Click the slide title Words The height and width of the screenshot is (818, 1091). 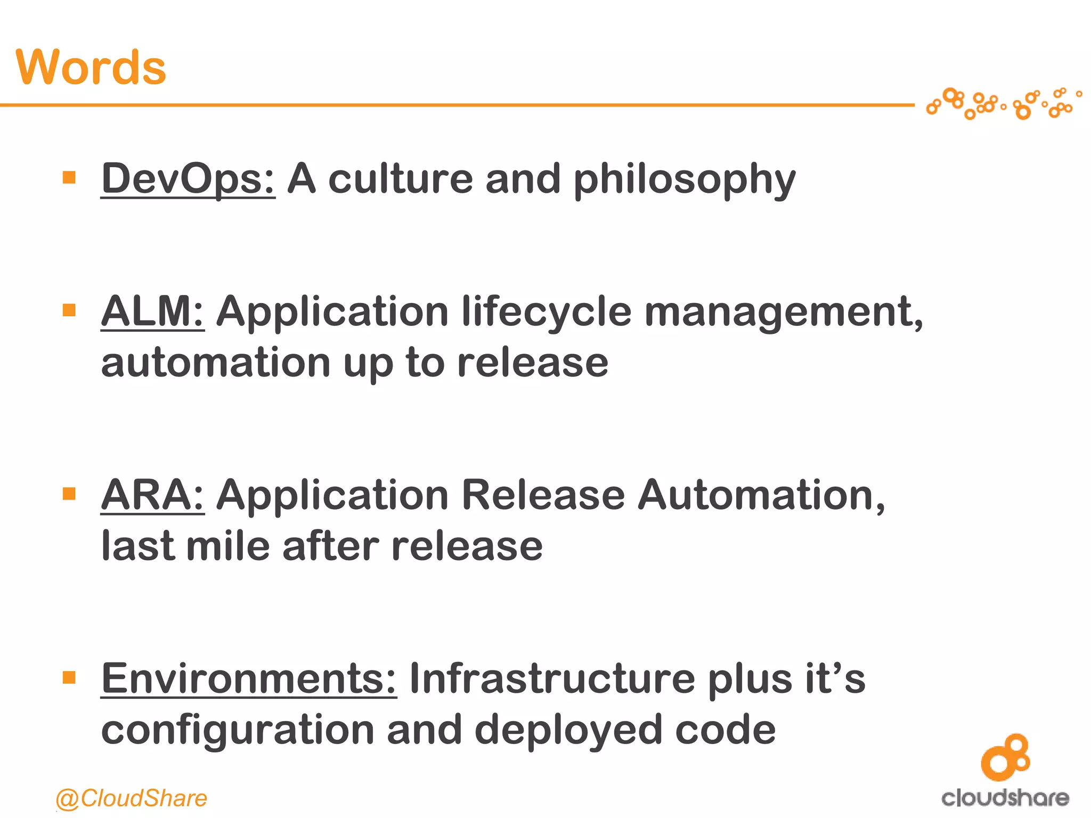pos(91,67)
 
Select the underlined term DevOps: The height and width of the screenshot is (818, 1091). pos(188,179)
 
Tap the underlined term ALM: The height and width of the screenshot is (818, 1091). pos(152,311)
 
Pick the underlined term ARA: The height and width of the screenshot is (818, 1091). pos(152,495)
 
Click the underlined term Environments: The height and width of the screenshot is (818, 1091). pos(249,678)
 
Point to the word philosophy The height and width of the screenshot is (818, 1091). pos(684,180)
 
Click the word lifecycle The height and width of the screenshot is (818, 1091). pos(547,312)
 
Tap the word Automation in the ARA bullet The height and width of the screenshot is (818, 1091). pos(761,495)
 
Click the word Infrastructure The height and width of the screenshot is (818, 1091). pos(552,678)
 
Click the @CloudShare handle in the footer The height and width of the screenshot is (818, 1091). pos(131,798)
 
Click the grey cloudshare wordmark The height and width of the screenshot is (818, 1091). pos(1005,798)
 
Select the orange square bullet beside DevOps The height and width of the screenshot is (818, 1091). pos(69,177)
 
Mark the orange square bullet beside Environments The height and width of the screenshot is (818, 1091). pos(69,677)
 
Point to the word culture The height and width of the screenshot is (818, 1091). pos(400,179)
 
